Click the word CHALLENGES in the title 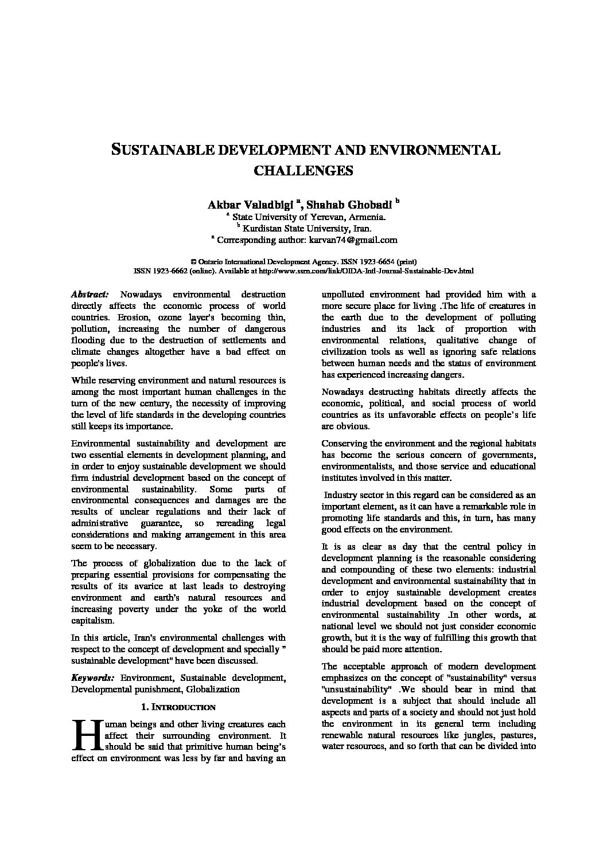[303, 170]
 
